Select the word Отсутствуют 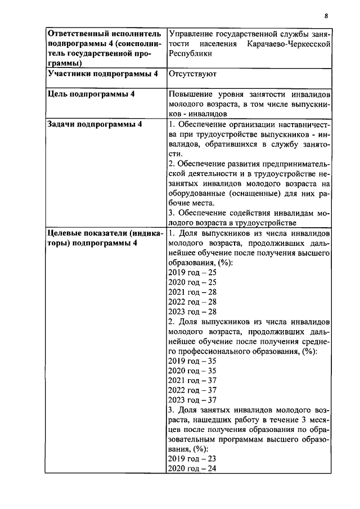pyautogui.click(x=192, y=74)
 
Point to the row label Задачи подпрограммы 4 pyautogui.click(x=94, y=124)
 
